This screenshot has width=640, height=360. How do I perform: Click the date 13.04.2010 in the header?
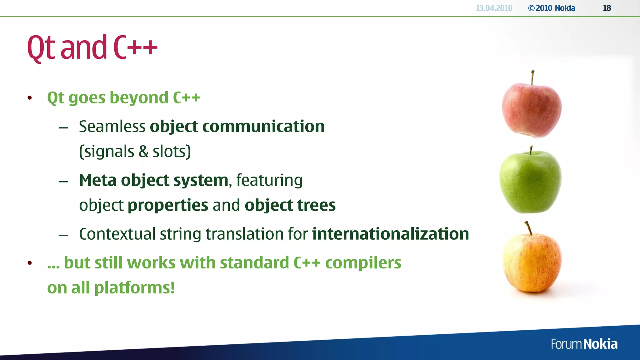click(494, 8)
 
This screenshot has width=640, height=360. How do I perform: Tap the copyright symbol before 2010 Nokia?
click(531, 8)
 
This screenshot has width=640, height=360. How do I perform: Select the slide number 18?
click(607, 8)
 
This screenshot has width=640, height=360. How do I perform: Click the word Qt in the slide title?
click(41, 48)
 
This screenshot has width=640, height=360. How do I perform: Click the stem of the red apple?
click(532, 77)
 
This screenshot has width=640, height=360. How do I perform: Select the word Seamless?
click(112, 127)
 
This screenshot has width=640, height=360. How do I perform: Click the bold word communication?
click(263, 127)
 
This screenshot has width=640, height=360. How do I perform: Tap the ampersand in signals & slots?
click(143, 152)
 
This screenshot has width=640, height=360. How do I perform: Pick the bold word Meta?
click(98, 180)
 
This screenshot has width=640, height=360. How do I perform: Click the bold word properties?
click(168, 206)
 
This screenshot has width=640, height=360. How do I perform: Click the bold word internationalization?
click(390, 234)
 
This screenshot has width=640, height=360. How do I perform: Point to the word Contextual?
click(117, 234)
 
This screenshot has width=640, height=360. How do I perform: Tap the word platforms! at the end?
click(134, 288)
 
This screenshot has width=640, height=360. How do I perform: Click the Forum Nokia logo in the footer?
click(584, 344)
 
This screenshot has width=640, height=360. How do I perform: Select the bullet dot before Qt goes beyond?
click(30, 98)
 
